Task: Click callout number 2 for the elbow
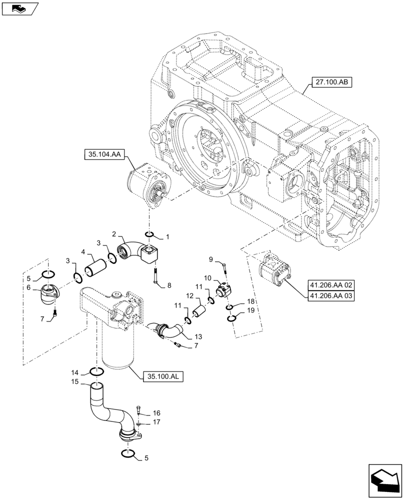(x=114, y=233)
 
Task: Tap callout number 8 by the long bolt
(x=169, y=285)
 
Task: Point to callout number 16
(x=157, y=413)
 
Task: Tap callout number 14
(x=74, y=372)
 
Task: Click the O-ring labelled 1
(x=149, y=234)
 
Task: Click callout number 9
(x=211, y=259)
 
